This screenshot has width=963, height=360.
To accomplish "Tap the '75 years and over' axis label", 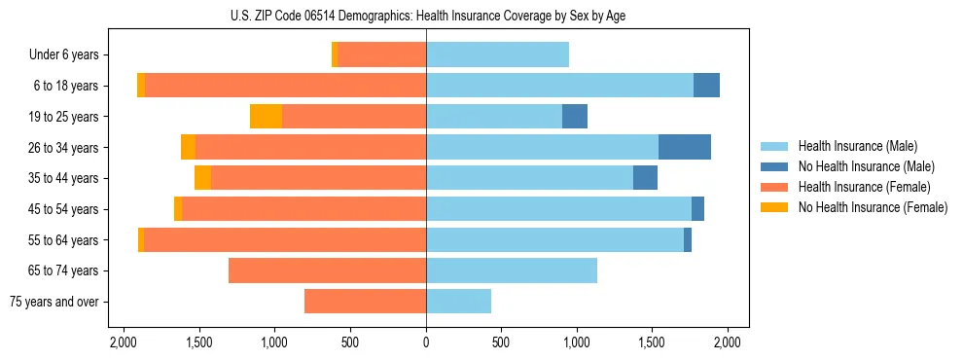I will pyautogui.click(x=54, y=302).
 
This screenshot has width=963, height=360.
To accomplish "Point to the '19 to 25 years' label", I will pyautogui.click(x=64, y=117).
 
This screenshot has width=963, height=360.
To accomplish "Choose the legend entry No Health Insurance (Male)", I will pyautogui.click(x=866, y=166).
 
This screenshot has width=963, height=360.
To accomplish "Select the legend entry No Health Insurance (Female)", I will pyautogui.click(x=873, y=207).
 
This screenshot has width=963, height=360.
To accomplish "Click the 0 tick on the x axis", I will pyautogui.click(x=426, y=342).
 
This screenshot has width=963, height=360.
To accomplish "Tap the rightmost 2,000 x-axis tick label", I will pyautogui.click(x=728, y=342).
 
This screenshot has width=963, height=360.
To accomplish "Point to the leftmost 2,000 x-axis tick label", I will pyautogui.click(x=124, y=342).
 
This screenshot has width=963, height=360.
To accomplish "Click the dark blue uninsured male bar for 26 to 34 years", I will pyautogui.click(x=685, y=147).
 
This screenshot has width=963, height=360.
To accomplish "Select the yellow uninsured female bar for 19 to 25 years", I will pyautogui.click(x=266, y=117).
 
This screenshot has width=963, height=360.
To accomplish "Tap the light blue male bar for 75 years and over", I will pyautogui.click(x=458, y=302).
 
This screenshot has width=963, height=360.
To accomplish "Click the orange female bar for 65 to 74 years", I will pyautogui.click(x=327, y=270).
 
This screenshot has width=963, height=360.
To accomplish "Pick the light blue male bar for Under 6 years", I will pyautogui.click(x=497, y=54).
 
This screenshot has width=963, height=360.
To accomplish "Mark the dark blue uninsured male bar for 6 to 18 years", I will pyautogui.click(x=706, y=86).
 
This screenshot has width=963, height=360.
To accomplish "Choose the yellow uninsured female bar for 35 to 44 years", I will pyautogui.click(x=202, y=178).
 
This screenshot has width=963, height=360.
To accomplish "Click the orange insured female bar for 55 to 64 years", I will pyautogui.click(x=285, y=239).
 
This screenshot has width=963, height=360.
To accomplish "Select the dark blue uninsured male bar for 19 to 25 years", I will pyautogui.click(x=575, y=117).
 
